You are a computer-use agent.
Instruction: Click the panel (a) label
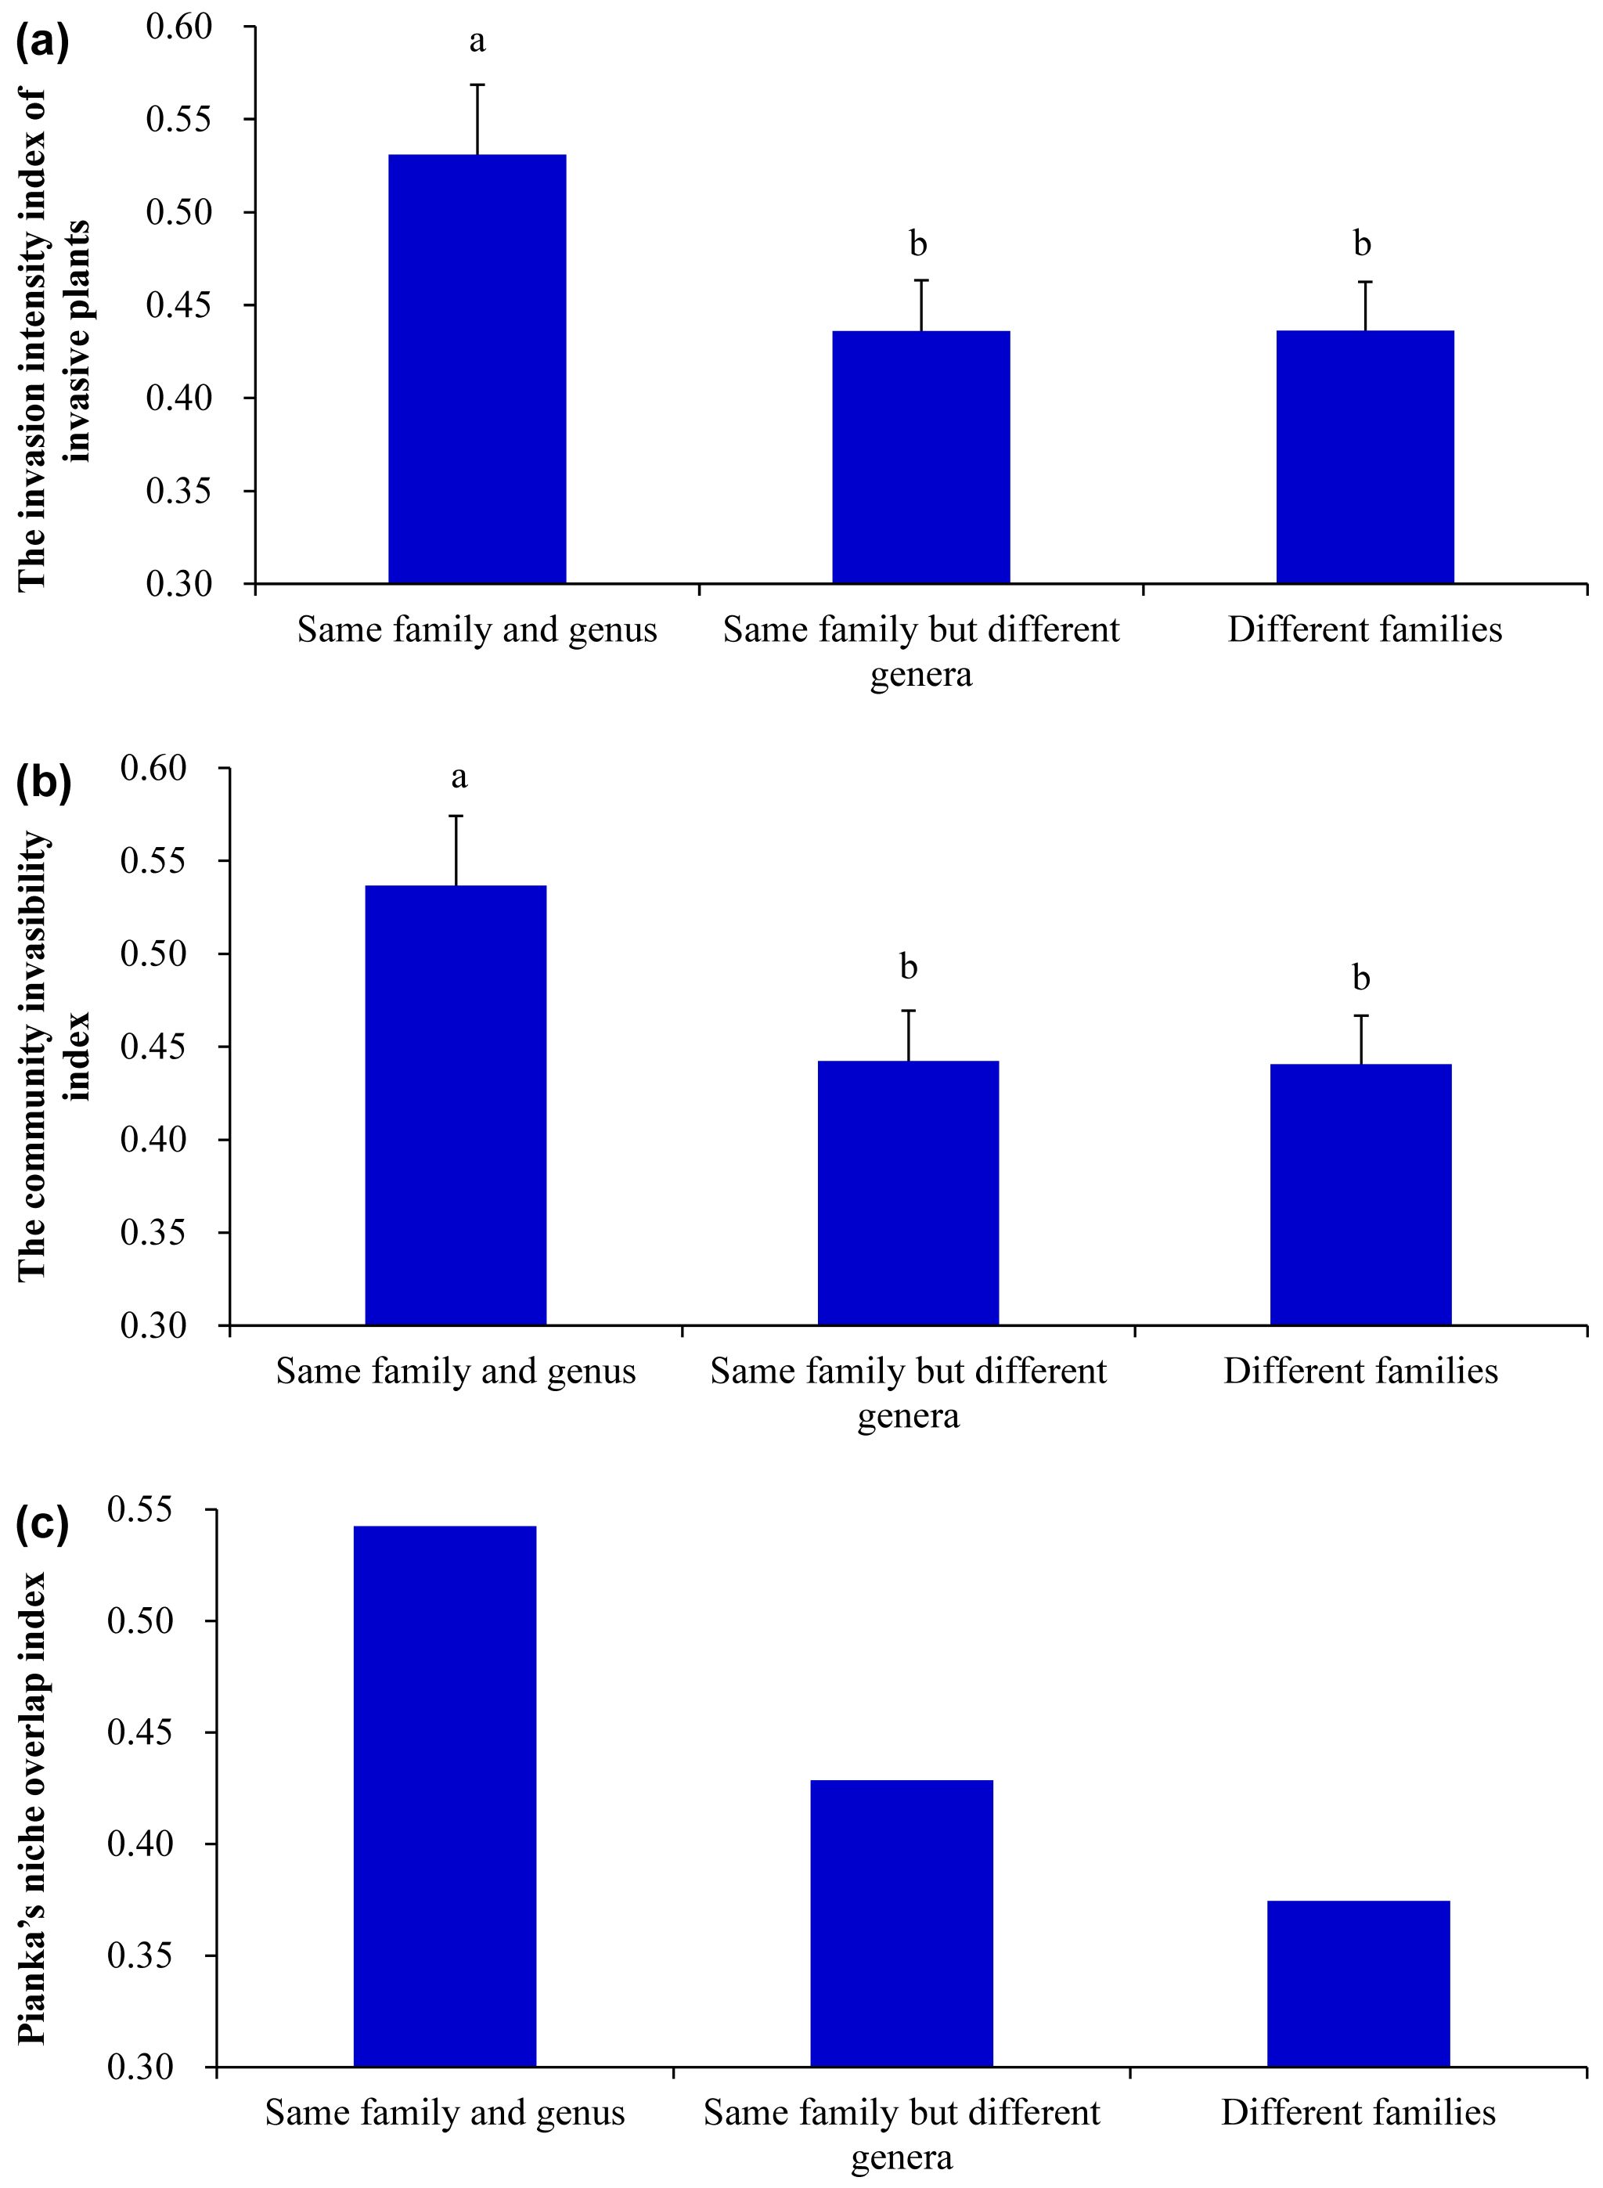tap(43, 45)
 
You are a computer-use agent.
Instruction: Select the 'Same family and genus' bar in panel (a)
tap(477, 369)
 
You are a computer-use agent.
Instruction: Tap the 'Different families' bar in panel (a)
tap(1364, 456)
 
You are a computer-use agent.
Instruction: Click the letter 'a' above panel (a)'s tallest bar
tap(477, 41)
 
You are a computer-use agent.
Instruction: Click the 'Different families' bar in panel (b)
tap(1360, 1195)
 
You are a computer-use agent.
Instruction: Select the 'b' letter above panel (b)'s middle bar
tap(908, 967)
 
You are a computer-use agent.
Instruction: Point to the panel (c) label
tap(43, 1525)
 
